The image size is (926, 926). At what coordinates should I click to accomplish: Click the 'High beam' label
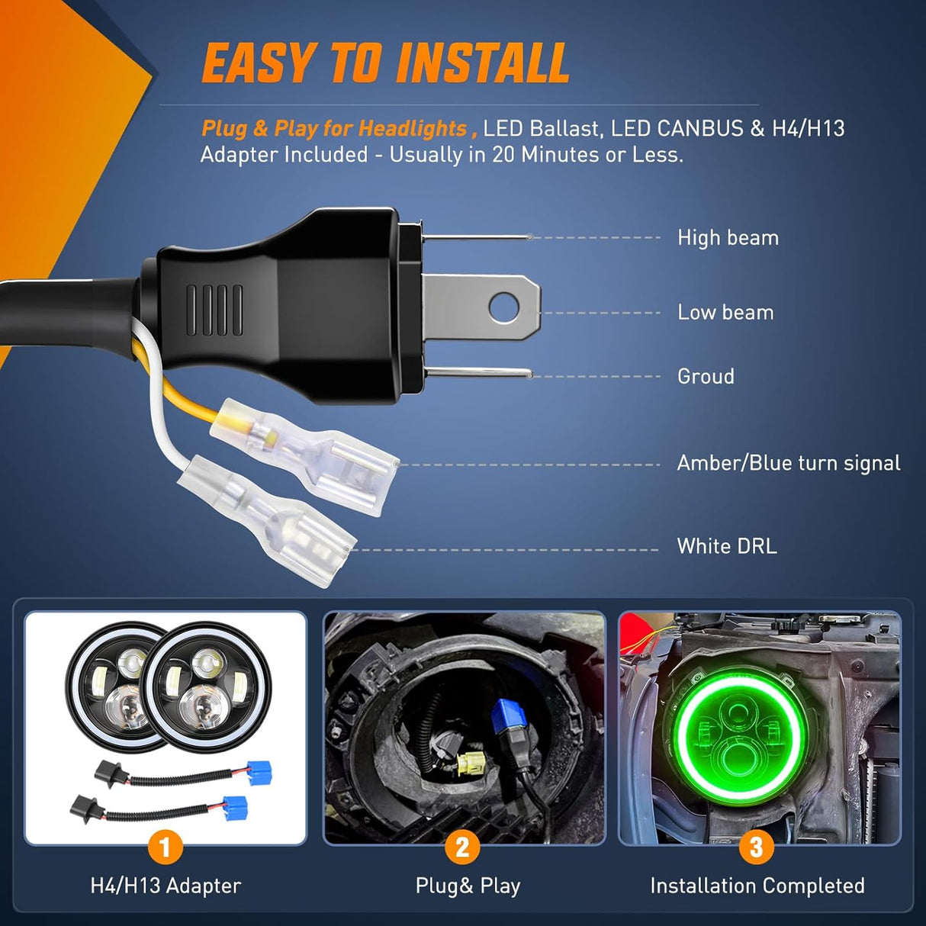click(x=728, y=238)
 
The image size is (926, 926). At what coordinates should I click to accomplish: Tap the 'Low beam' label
click(x=725, y=312)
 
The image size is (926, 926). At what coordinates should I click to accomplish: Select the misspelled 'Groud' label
click(x=706, y=376)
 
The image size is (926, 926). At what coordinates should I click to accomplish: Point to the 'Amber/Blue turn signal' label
click(x=789, y=463)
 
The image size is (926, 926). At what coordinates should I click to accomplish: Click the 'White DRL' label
click(x=727, y=546)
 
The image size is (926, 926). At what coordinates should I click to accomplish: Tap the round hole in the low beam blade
click(x=504, y=306)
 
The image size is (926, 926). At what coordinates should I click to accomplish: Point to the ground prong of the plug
click(x=479, y=373)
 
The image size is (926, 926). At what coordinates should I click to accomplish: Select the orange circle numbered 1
click(x=165, y=847)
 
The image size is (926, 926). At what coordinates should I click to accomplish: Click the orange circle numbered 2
click(x=462, y=847)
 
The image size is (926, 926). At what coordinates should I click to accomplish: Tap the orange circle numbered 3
click(x=757, y=847)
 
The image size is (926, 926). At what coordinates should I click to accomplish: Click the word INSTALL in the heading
click(x=483, y=63)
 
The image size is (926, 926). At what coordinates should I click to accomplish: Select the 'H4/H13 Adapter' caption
click(x=166, y=886)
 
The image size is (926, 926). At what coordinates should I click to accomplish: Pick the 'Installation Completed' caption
click(x=757, y=886)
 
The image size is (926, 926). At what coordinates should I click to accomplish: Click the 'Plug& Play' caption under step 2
click(x=468, y=886)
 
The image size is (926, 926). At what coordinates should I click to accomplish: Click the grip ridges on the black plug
click(x=215, y=310)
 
